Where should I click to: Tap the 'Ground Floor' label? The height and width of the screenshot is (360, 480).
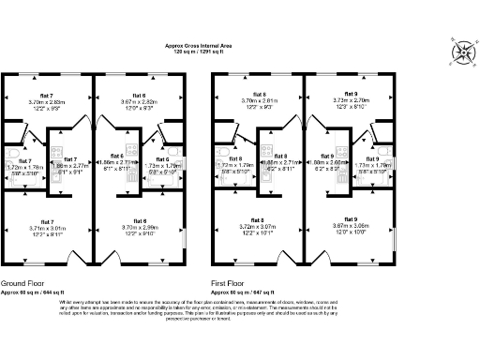(x=25, y=282)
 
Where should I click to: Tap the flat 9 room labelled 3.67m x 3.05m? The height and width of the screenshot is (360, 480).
(x=345, y=228)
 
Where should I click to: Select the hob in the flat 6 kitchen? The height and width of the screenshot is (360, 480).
(x=128, y=148)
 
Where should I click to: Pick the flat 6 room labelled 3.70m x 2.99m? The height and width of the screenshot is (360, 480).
(x=138, y=228)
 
